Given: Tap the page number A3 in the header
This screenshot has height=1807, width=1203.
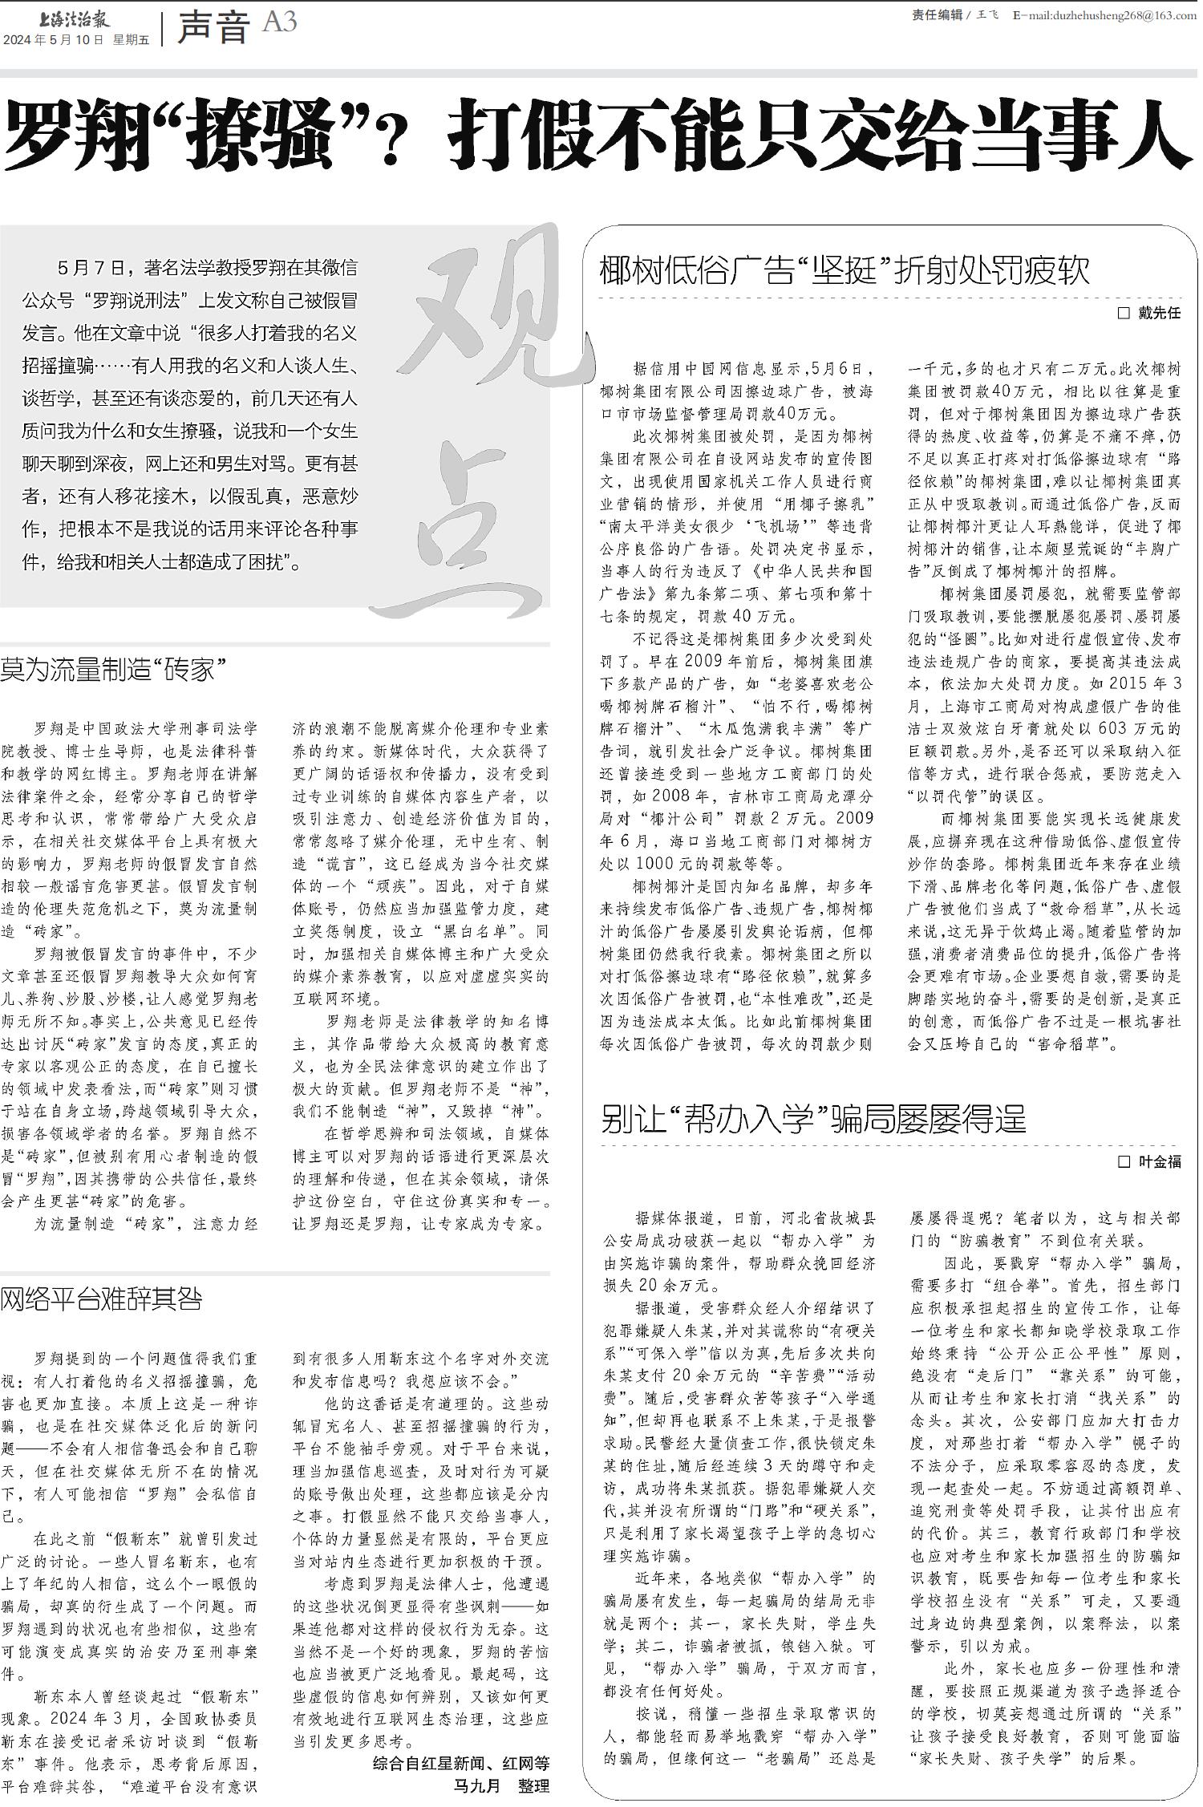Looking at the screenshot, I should click(x=279, y=22).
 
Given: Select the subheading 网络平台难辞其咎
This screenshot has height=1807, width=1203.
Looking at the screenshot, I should click(x=101, y=1299).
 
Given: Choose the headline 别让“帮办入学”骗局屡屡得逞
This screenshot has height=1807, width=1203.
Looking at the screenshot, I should click(x=813, y=1118).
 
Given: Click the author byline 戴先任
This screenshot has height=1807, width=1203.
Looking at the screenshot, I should click(x=1160, y=314).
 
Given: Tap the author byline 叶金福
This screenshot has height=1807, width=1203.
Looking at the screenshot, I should click(x=1160, y=1161).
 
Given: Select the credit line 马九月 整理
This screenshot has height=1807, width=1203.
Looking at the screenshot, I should click(x=500, y=1785).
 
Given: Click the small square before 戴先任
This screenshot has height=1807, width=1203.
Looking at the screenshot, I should click(x=1124, y=314).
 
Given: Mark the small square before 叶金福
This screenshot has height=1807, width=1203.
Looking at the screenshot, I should click(x=1124, y=1161).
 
